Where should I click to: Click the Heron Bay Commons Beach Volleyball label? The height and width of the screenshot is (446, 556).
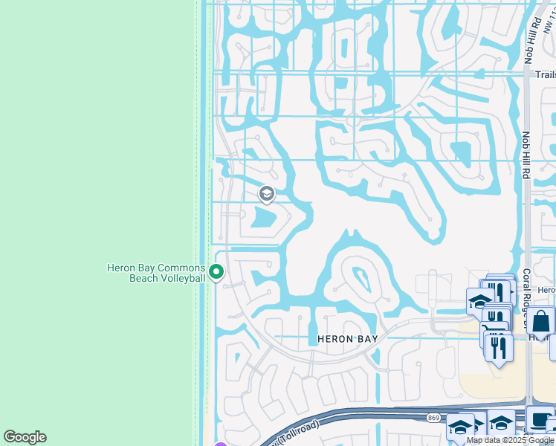tap(155, 273)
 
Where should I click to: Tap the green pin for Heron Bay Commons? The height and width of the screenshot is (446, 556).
tap(216, 273)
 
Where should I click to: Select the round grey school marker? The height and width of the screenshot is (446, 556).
tap(266, 195)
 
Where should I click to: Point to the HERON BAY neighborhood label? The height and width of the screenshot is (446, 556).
tap(348, 339)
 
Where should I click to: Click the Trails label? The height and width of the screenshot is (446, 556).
tap(545, 74)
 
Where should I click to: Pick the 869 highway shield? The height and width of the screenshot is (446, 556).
tap(434, 418)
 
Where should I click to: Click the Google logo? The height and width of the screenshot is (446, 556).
tap(25, 437)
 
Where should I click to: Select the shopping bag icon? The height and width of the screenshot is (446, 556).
tap(541, 320)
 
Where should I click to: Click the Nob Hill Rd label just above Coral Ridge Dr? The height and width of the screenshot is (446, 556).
tap(526, 155)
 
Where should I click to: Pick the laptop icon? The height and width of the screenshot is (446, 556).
tap(538, 419)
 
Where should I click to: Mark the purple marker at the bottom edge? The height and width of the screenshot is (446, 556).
tap(220, 444)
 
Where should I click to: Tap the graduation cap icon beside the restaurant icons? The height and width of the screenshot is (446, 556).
tap(479, 300)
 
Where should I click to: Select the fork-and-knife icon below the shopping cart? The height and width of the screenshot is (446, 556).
tap(499, 346)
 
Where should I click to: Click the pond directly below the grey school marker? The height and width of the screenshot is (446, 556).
tap(265, 219)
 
